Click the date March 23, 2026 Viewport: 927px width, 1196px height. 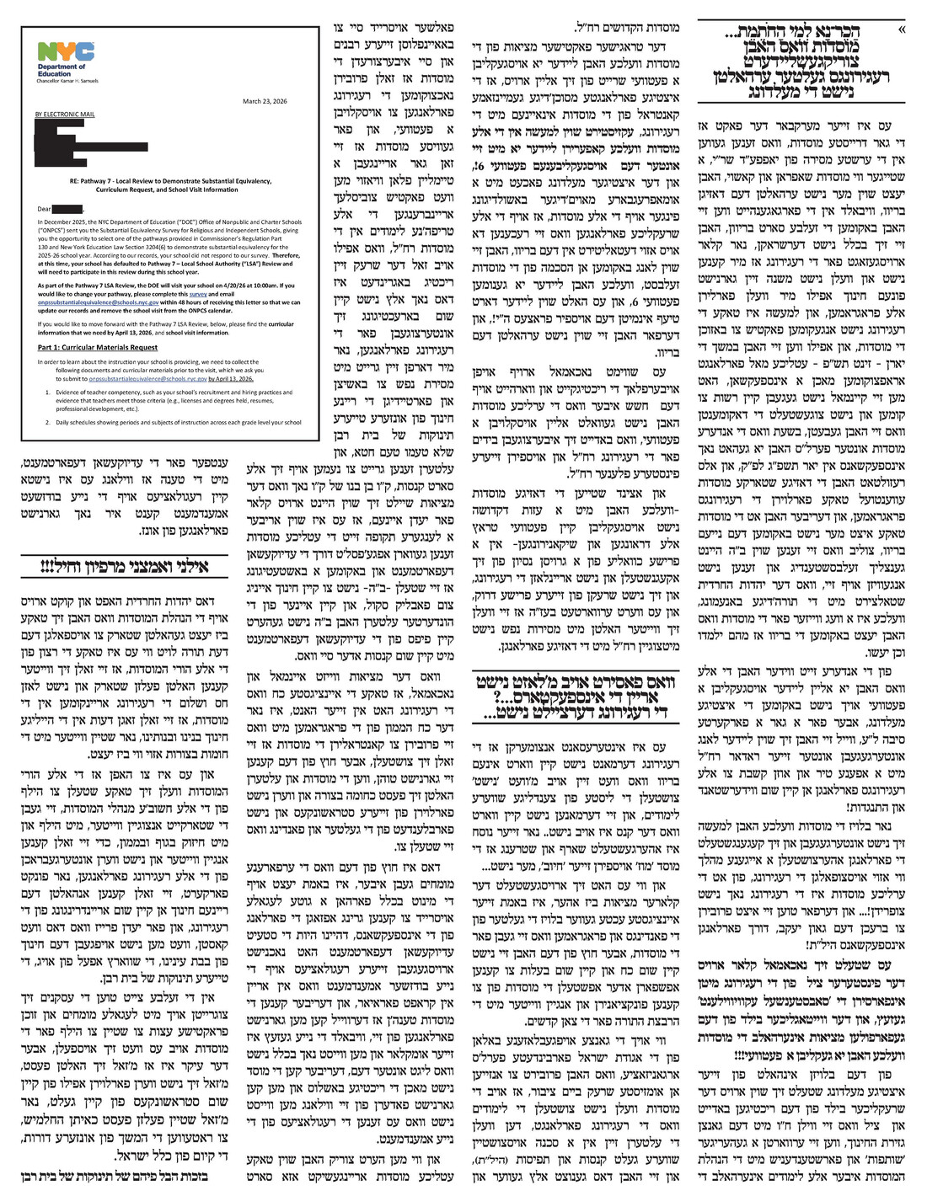click(x=263, y=101)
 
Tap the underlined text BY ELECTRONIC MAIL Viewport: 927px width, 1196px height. click(x=65, y=114)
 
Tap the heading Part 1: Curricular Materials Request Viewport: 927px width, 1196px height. click(x=97, y=347)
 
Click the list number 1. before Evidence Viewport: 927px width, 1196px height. click(x=48, y=392)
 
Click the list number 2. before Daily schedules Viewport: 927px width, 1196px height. click(x=48, y=421)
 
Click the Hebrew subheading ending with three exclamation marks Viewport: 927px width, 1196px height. click(x=126, y=567)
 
